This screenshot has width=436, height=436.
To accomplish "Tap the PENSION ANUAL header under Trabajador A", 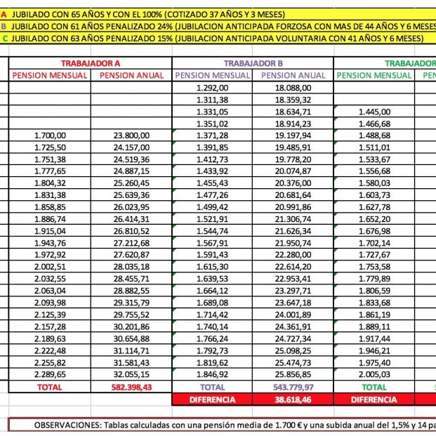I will pos(131,75).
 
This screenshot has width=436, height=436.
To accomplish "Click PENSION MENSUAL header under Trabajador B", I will pos(212,75).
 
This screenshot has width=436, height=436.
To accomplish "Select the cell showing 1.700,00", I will pos(50,135).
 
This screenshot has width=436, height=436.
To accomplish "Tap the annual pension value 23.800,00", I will pos(131,135).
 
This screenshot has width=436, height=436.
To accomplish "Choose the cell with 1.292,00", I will pos(211,87).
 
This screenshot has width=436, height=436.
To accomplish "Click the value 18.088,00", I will pos(292,87).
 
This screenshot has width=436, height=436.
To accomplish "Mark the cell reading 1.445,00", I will pos(374,111).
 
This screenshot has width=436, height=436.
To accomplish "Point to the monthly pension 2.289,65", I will pos(50,375).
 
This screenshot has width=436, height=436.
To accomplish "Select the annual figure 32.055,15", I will pos(131,375).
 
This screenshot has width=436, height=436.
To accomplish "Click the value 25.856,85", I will pos(292,375).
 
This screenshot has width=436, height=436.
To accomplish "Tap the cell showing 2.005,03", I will pos(374,375).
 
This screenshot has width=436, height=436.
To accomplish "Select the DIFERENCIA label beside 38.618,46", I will pos(212,399).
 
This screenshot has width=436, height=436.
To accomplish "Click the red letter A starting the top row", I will pos(4,13).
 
